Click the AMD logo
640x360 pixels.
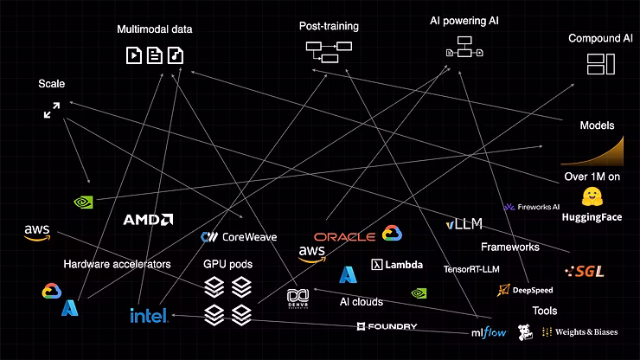click(147, 220)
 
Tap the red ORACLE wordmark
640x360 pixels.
click(343, 236)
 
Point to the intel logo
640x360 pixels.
click(148, 315)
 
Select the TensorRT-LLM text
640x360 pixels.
click(473, 269)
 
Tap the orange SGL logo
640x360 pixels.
click(584, 271)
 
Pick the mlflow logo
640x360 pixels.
click(490, 331)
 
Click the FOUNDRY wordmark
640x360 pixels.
click(387, 326)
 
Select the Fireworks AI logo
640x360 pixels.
click(532, 208)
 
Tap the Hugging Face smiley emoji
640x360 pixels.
click(592, 196)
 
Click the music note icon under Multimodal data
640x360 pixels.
click(176, 56)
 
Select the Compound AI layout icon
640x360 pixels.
click(599, 63)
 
